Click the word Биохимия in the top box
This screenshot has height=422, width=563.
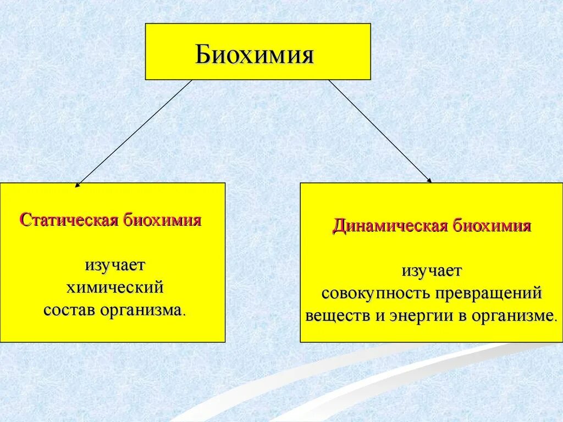255,56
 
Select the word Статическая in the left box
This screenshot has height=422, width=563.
69,221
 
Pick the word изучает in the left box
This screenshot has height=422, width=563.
115,265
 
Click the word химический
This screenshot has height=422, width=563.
115,287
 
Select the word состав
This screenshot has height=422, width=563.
70,310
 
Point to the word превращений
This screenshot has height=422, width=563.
489,293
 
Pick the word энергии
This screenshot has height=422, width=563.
415,316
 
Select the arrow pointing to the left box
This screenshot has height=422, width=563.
133,132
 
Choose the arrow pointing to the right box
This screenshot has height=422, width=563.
380,131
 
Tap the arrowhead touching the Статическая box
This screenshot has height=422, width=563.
77,185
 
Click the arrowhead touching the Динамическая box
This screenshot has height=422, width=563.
429,180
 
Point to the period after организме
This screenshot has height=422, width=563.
555,320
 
